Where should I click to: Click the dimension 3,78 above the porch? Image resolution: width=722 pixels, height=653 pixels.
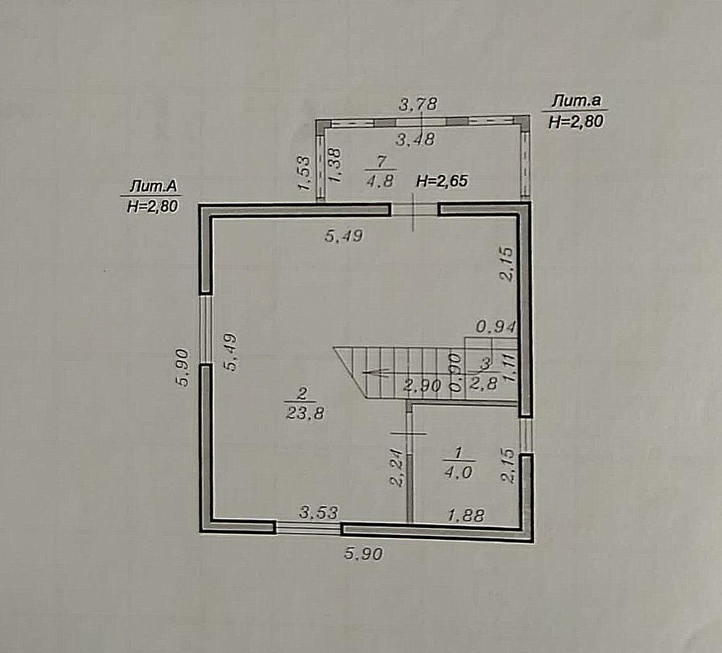pos(417,104)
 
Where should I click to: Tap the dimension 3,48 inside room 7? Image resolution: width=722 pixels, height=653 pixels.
pos(415,139)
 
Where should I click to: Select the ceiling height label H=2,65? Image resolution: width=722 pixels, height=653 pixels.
pos(441,181)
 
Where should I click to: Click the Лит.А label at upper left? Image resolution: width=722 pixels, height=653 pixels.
pos(153,186)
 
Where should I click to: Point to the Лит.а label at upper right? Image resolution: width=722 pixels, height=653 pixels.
pos(577,101)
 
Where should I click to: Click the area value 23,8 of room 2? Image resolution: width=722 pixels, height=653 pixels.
pos(305,413)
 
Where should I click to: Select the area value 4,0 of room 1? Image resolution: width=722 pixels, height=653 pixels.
pos(458,472)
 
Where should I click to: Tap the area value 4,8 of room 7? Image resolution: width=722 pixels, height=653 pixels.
pos(380,181)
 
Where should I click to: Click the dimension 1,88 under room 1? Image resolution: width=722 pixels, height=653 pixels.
pos(467,515)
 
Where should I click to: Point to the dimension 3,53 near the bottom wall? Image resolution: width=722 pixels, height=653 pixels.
pos(318,512)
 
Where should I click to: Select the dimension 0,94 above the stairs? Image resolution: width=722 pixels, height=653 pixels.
pos(496,327)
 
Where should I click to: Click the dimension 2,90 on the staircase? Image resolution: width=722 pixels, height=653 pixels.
pos(423,385)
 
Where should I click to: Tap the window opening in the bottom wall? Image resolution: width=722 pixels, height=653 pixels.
pos(308,527)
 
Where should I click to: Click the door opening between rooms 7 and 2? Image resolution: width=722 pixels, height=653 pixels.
pos(414,210)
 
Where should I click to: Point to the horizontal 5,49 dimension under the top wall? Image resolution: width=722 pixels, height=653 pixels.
pos(344,236)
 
